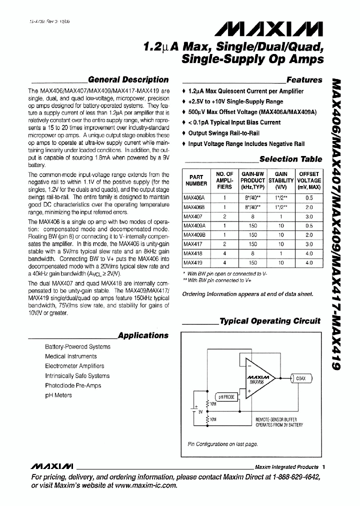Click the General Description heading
(128, 79)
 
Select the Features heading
(304, 80)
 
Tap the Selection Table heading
(291, 159)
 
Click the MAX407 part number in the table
(191, 216)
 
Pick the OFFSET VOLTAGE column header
(309, 180)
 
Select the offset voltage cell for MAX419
(309, 262)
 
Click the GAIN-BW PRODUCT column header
(253, 180)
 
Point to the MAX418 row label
(191, 253)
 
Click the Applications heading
(143, 335)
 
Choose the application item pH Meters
(58, 395)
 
